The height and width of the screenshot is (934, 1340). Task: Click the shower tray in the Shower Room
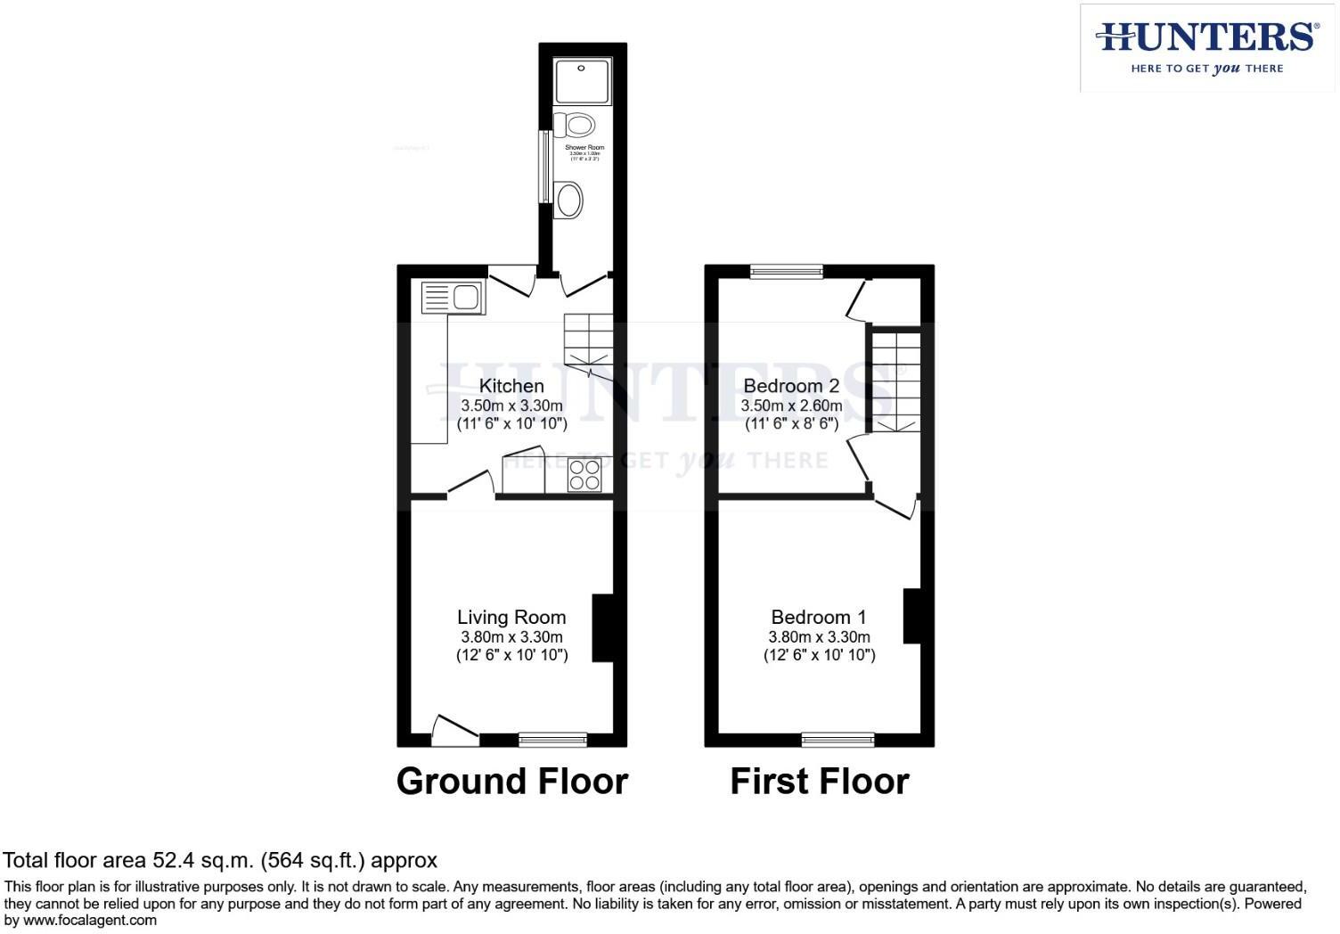[583, 81]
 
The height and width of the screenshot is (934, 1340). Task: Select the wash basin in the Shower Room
[568, 200]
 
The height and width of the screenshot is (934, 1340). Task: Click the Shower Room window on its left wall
[543, 168]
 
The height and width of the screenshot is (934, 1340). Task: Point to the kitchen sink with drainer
[452, 297]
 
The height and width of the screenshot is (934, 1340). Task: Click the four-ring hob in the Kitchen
[585, 475]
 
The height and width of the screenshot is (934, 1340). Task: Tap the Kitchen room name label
[511, 386]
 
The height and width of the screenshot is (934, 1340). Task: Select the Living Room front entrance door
[454, 731]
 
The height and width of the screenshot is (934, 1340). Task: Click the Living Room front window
[552, 739]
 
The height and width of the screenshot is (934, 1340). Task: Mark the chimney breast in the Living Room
[602, 627]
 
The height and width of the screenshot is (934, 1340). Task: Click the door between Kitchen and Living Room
[470, 484]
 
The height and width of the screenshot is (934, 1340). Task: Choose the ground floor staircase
[588, 343]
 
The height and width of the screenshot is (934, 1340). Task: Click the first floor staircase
[895, 381]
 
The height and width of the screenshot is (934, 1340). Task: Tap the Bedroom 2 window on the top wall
[786, 272]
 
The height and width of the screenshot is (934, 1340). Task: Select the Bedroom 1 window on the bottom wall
[837, 739]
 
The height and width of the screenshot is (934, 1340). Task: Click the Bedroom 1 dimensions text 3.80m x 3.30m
[819, 637]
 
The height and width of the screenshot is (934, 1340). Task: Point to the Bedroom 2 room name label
[791, 386]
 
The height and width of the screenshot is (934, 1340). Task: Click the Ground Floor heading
[511, 782]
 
